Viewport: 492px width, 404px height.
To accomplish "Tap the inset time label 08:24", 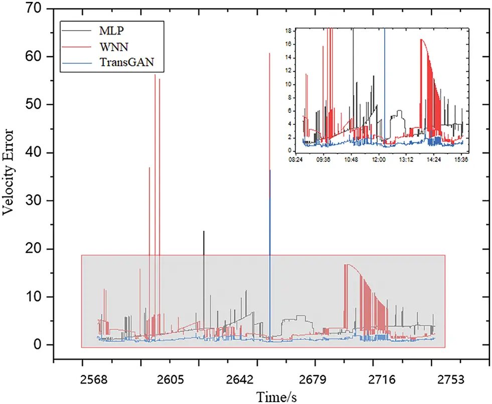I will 296,160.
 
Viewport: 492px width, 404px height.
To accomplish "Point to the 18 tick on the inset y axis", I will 288,31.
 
